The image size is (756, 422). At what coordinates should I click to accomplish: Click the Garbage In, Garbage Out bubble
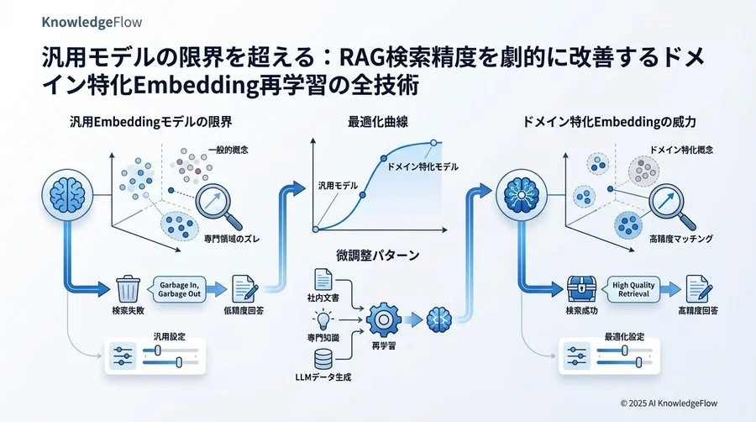(x=178, y=289)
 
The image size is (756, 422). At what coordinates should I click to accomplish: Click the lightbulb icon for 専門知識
(x=323, y=319)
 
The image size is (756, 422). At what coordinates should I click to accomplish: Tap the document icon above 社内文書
(x=323, y=279)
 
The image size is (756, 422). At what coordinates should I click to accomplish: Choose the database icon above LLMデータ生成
(x=323, y=360)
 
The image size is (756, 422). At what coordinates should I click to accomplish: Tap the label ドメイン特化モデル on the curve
(x=423, y=167)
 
